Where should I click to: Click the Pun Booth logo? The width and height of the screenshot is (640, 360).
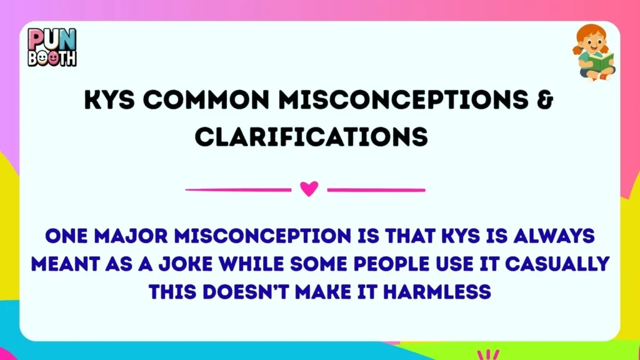pos(52,47)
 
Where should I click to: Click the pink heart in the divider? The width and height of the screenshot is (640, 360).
pos(309,189)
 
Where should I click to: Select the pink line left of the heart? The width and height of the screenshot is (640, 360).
pos(238,189)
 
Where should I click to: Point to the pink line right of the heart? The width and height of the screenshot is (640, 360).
pos(376,189)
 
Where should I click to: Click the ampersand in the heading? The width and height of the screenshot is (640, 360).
pos(546,102)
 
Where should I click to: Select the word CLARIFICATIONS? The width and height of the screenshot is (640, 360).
pos(311,137)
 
